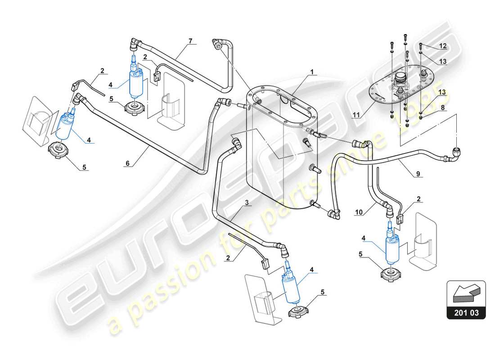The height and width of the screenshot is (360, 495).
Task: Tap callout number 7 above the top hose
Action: (x=190, y=41)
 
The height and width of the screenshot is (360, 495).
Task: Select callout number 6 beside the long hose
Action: (x=127, y=164)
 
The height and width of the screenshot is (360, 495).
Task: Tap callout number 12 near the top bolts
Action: (x=443, y=46)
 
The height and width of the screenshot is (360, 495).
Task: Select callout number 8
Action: (x=443, y=108)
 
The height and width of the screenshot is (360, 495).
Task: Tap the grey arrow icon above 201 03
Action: (x=466, y=293)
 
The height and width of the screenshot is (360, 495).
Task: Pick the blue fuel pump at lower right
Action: (x=390, y=245)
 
